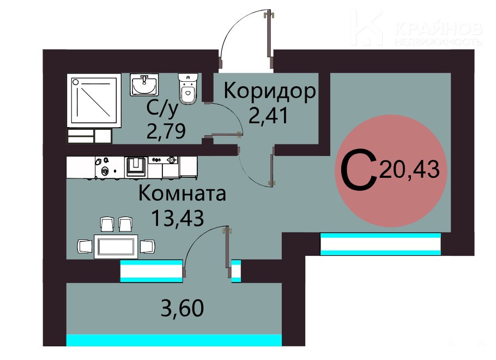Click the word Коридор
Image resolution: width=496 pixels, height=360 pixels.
tap(269, 92)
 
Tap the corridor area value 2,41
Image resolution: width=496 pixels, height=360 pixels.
tap(268, 115)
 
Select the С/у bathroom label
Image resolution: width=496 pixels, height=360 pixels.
tap(162, 109)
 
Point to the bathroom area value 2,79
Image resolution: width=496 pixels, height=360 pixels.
tap(166, 131)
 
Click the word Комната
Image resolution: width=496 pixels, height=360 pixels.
tap(182, 193)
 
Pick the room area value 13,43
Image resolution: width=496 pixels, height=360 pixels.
tap(178, 218)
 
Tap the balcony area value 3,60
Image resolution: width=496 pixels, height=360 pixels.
tap(182, 308)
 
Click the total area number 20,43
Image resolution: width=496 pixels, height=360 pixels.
tap(410, 170)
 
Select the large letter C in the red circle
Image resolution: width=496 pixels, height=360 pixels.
tap(359, 171)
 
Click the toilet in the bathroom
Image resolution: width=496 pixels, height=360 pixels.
tap(188, 88)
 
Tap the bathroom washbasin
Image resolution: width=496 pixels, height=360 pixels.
tap(144, 85)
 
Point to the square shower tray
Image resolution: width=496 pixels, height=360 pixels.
tap(94, 100)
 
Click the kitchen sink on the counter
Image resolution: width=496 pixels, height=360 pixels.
tap(136, 166)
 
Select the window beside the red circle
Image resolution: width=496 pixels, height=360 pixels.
tap(380, 244)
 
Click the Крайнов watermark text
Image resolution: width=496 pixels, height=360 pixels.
tap(439, 29)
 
